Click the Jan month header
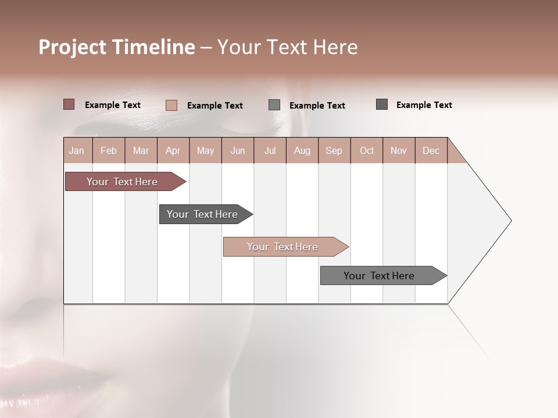(77, 150)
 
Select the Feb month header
(109, 150)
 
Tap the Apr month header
(173, 150)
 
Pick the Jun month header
(238, 150)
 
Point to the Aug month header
(302, 150)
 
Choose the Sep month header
(334, 150)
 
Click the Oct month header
(367, 150)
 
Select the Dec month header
(431, 150)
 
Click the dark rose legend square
(69, 105)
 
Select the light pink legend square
(171, 105)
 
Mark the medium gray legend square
(274, 105)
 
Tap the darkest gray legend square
(382, 105)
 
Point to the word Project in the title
(71, 47)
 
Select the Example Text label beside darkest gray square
(424, 105)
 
